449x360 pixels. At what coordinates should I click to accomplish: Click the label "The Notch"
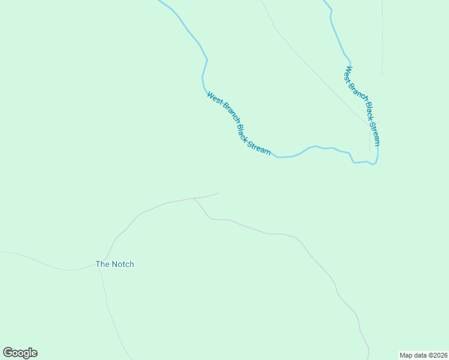click(x=115, y=264)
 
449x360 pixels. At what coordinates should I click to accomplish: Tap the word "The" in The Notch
click(x=103, y=264)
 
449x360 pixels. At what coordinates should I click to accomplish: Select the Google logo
click(x=20, y=353)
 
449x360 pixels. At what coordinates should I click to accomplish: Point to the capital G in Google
click(x=8, y=352)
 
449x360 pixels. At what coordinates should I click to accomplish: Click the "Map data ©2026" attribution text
click(x=423, y=355)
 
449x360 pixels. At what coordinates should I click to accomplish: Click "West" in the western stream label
click(x=214, y=98)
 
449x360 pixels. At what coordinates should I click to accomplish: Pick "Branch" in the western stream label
click(x=228, y=114)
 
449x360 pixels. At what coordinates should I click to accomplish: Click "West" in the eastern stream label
click(x=349, y=74)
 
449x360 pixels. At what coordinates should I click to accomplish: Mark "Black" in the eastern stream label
click(x=369, y=112)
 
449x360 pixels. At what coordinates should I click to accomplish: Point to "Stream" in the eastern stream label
click(x=375, y=133)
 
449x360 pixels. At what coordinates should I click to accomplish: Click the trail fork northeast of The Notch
click(x=194, y=198)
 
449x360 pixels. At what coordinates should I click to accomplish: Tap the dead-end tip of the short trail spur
click(x=218, y=193)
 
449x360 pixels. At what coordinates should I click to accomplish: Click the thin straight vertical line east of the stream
click(x=382, y=36)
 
